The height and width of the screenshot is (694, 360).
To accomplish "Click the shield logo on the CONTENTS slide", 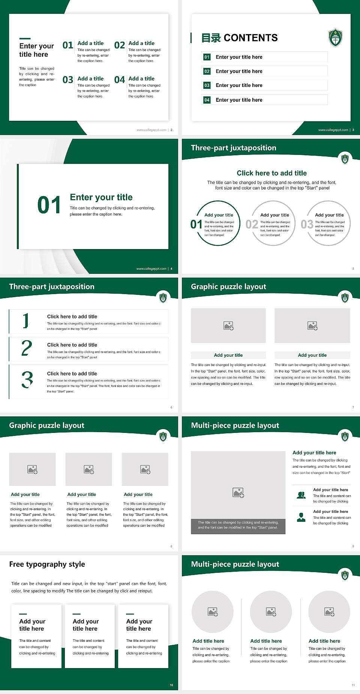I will tap(335, 38).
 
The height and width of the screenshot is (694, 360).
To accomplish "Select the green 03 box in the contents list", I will tap(207, 86).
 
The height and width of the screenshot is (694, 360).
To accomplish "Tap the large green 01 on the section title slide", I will tap(49, 205).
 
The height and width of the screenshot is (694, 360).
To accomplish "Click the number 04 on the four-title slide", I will tap(120, 80).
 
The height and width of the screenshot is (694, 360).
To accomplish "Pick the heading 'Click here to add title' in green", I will tap(271, 173).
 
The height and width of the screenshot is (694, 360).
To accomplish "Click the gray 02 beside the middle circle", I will tap(252, 224).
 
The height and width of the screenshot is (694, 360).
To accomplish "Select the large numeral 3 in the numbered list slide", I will tap(27, 380).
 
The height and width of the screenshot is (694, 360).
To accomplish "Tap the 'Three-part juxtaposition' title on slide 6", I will tap(52, 287).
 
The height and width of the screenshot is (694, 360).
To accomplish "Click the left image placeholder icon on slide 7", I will tap(228, 326).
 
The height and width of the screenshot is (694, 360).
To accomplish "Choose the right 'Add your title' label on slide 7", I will tap(312, 355).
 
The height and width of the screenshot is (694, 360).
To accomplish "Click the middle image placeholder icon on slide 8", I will tap(89, 469).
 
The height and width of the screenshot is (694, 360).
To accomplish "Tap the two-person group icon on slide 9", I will tap(301, 495).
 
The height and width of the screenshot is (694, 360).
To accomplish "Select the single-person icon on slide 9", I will tap(301, 517).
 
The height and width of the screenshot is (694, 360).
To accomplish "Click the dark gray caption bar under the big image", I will tap(238, 525).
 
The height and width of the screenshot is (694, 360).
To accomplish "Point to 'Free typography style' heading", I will tap(47, 564).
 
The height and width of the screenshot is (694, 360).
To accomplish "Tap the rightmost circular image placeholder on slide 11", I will tap(329, 612).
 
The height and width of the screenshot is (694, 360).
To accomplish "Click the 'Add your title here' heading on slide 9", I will tap(314, 453).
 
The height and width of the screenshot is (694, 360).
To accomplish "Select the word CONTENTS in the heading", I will tap(250, 38).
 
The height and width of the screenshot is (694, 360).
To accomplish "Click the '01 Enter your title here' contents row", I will tap(264, 57).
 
